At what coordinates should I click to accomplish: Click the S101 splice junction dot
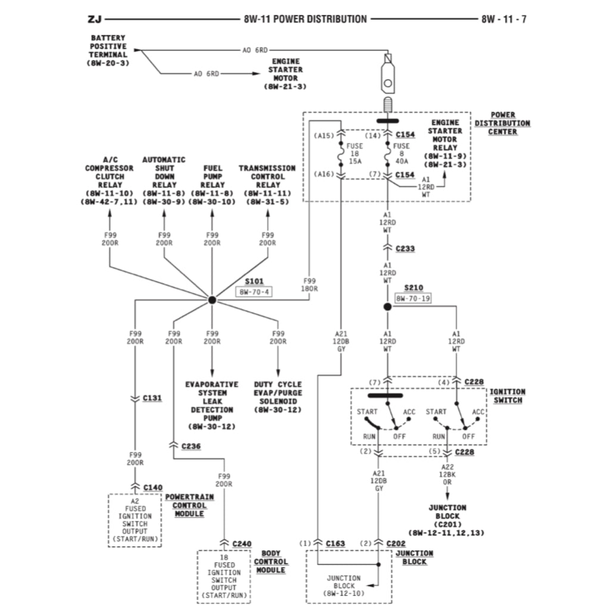click(x=211, y=300)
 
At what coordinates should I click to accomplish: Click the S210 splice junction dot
click(x=387, y=306)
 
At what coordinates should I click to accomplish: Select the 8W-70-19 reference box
click(x=412, y=298)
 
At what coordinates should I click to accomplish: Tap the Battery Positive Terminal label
click(x=108, y=50)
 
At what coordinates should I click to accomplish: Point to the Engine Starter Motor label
click(x=285, y=74)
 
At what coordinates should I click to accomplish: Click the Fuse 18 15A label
click(x=356, y=153)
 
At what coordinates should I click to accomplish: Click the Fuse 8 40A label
click(x=402, y=153)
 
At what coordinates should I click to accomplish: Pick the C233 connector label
click(x=405, y=248)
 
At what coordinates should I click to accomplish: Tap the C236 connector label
click(x=191, y=446)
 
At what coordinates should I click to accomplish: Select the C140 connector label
click(x=152, y=487)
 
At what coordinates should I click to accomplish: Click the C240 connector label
click(x=242, y=543)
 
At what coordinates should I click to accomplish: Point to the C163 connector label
click(x=335, y=543)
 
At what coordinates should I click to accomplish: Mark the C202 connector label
click(x=396, y=543)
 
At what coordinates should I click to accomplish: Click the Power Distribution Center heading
click(x=502, y=123)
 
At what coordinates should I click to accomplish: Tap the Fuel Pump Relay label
click(x=212, y=180)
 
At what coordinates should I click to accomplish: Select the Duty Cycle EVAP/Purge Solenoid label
click(x=278, y=397)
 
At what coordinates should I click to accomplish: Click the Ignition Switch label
click(x=507, y=396)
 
